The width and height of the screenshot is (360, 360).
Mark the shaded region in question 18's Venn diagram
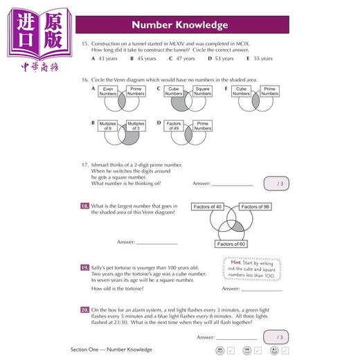point(237,228)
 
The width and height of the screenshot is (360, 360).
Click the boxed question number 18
point(84,206)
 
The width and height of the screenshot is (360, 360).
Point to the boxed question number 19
point(84,266)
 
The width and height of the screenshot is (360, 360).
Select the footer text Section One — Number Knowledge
point(111,350)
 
